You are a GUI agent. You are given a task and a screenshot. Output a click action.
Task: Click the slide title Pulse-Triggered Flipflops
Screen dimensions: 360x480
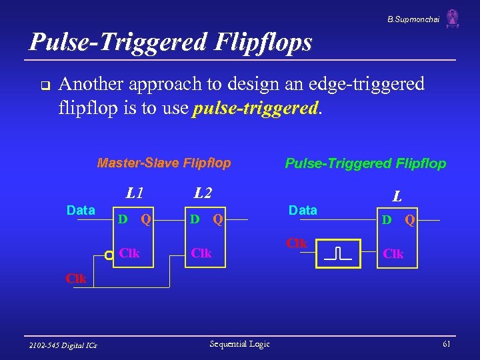point(171,42)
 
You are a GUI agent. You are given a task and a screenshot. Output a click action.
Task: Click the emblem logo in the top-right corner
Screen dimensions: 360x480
point(453,19)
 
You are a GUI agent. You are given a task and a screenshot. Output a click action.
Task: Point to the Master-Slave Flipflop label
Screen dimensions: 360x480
point(164,163)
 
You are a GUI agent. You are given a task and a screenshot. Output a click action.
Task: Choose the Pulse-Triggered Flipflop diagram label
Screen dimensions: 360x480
point(365,163)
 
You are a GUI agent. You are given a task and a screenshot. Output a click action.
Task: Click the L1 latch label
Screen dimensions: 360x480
point(135,193)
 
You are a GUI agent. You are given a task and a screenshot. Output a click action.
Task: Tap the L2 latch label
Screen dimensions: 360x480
point(203,193)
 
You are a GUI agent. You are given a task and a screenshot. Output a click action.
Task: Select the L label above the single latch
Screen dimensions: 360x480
point(397,196)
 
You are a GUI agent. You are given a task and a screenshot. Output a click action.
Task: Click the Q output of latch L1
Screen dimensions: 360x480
point(146,219)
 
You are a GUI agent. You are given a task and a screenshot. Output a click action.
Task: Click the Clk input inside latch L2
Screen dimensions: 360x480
point(201,253)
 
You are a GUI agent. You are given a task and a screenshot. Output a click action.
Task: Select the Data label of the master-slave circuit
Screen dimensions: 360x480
point(81,210)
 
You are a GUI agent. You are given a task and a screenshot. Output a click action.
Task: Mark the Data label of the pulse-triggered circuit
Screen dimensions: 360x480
point(303,210)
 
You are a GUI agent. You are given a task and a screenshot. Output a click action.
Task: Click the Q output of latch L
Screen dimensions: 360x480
point(411,219)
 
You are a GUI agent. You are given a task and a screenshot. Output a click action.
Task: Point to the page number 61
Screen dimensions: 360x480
point(446,343)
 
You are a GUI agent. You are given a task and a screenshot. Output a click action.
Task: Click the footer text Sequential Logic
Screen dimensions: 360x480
point(239,343)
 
